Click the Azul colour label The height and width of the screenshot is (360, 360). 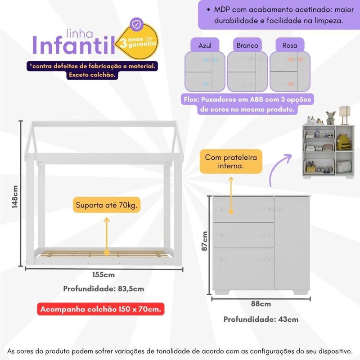(205, 45)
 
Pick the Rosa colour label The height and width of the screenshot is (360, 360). (289, 45)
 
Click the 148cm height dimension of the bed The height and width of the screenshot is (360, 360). (15, 197)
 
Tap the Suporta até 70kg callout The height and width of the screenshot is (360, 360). (107, 206)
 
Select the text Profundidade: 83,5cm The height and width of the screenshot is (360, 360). (103, 289)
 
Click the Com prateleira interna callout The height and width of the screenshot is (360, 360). (231, 162)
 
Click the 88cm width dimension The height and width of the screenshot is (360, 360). (261, 304)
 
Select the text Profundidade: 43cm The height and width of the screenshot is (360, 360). (261, 319)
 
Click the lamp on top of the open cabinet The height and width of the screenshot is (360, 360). (344, 114)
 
